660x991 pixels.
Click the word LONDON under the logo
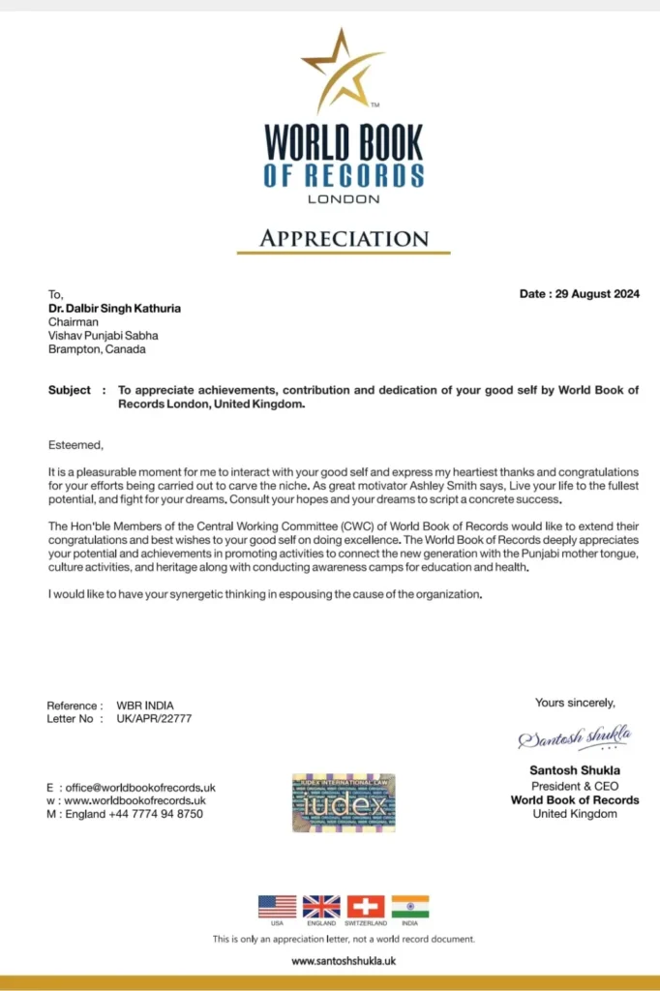(344, 199)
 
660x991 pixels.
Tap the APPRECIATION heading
(344, 238)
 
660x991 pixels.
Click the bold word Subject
(71, 390)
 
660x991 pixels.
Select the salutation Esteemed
(75, 444)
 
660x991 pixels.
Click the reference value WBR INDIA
(145, 706)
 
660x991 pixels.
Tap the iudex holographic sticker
(344, 802)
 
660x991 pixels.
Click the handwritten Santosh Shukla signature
(575, 738)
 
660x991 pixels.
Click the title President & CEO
(575, 786)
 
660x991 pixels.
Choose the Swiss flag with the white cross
(366, 907)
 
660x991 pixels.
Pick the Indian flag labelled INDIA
(410, 907)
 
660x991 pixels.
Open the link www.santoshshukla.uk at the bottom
(344, 961)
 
